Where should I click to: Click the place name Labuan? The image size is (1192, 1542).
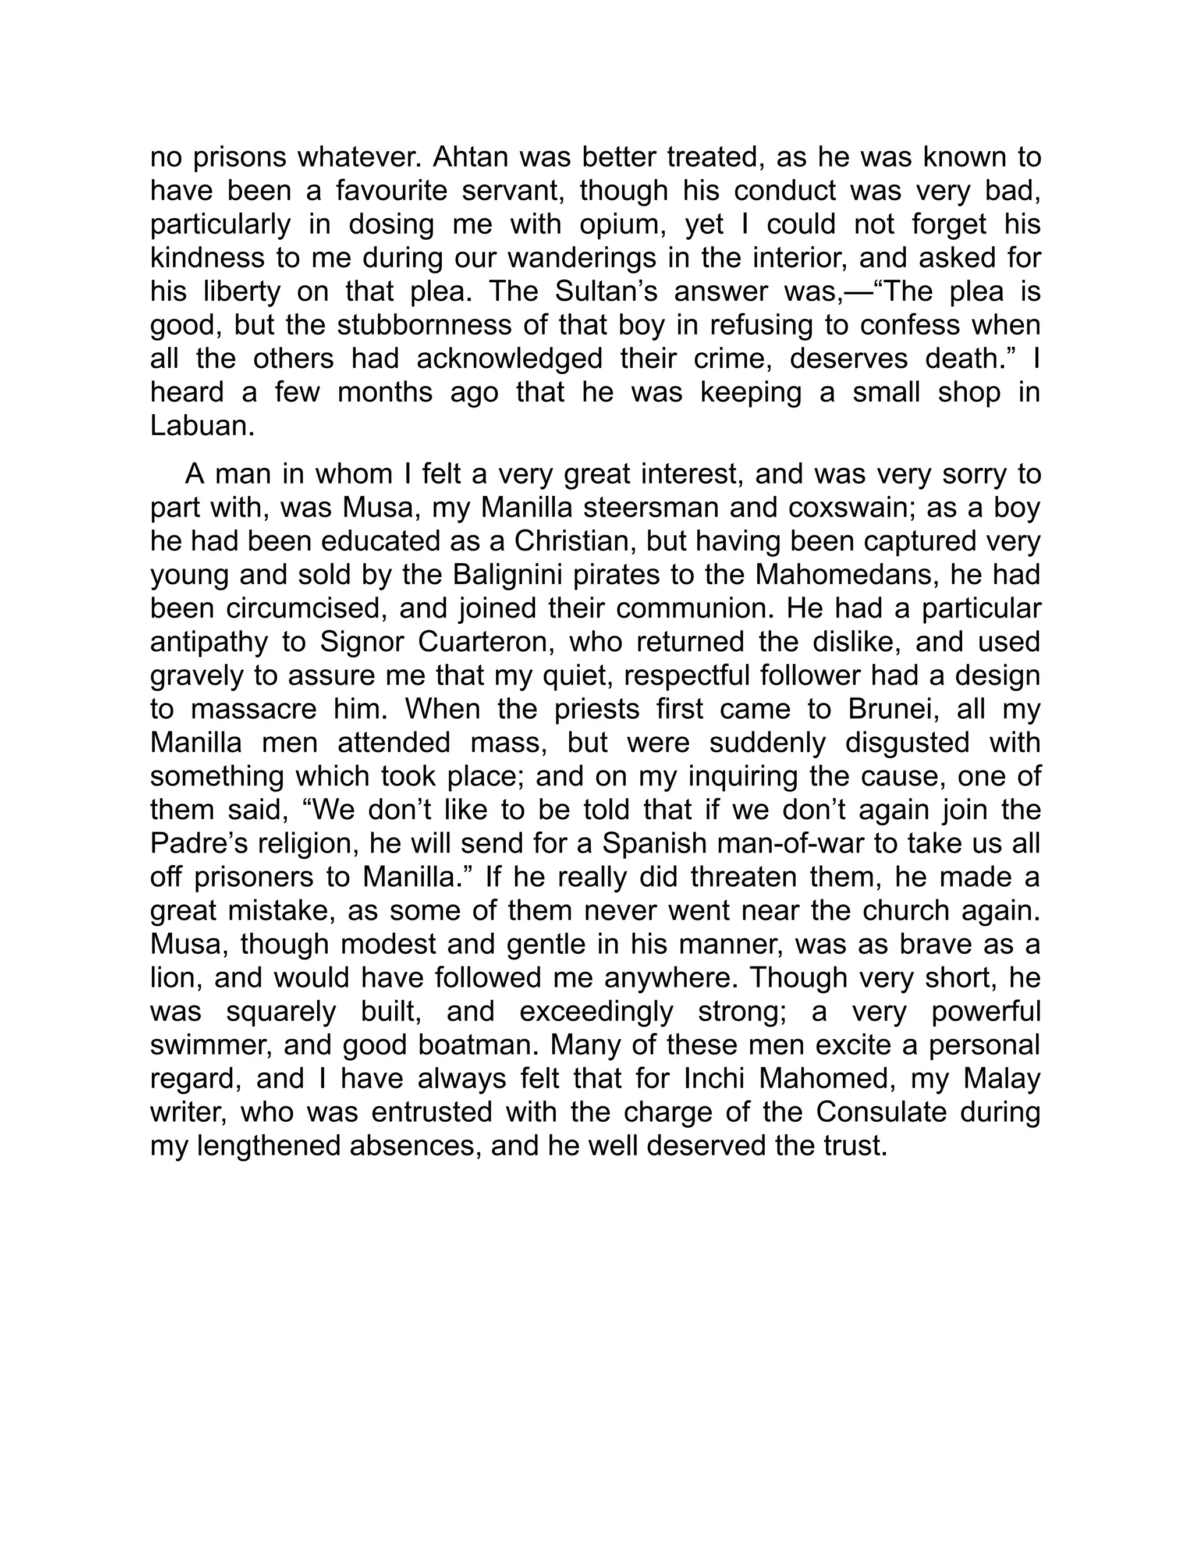coord(201,426)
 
